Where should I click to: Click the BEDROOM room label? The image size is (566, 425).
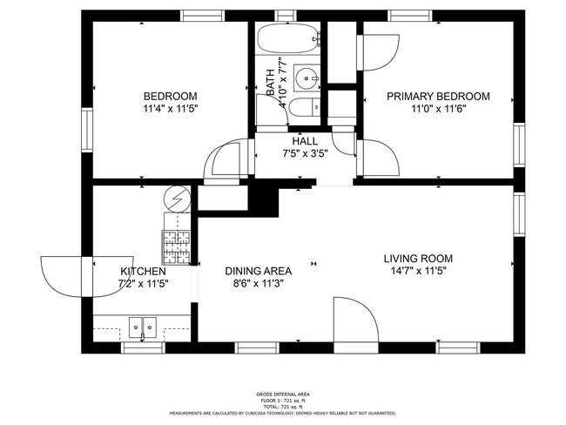click(170, 96)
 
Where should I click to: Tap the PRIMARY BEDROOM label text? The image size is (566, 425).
click(438, 96)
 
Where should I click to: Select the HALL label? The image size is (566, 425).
click(305, 141)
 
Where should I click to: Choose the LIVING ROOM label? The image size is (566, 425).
click(418, 259)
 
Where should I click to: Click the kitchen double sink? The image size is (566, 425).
click(143, 327)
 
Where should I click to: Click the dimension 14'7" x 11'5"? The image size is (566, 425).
click(418, 271)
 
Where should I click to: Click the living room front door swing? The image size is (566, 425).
click(354, 319)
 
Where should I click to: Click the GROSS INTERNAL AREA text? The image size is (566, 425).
click(283, 395)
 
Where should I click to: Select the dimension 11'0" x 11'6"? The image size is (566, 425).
click(438, 109)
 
